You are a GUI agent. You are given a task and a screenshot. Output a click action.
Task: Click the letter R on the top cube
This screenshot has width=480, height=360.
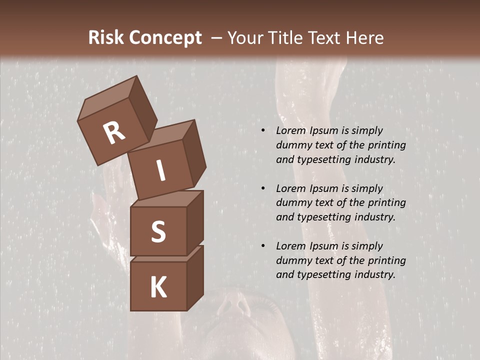(x=114, y=134)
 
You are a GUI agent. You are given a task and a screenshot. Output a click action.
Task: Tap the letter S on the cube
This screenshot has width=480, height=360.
(x=158, y=232)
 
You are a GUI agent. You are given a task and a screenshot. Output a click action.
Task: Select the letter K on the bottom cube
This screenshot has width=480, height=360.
(x=158, y=287)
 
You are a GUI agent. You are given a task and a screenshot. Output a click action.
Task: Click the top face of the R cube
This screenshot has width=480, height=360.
(x=112, y=98)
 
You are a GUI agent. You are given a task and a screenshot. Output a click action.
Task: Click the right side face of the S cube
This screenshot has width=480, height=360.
(x=195, y=222)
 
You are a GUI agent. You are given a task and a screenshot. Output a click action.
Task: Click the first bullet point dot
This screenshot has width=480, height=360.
(x=263, y=131)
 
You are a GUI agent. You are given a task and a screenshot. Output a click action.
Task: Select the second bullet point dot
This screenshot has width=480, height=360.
(x=263, y=188)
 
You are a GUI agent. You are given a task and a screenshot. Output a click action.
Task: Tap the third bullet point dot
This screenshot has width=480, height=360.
(x=263, y=246)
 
